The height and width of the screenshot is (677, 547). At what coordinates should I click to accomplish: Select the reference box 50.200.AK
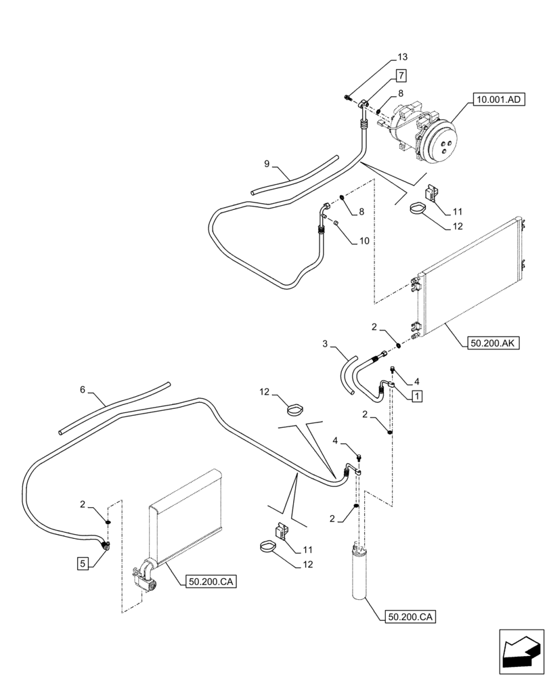pos(492,343)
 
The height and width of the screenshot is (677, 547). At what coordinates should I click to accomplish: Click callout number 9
pos(267,164)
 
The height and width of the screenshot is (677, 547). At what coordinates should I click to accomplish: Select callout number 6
pos(83,389)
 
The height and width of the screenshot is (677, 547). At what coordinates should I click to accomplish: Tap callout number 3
pos(325,345)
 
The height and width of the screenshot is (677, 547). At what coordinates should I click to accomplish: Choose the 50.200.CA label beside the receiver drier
pos(410,617)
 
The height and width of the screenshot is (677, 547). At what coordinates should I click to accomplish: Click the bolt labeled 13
pos(347,100)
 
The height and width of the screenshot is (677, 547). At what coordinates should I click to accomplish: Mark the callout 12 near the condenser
pos(457,227)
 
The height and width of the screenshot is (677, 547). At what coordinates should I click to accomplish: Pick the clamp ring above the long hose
pos(294,409)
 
